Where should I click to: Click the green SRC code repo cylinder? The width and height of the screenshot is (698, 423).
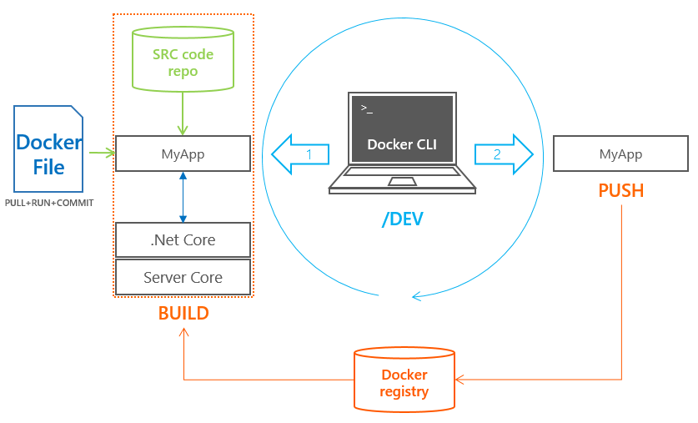pyautogui.click(x=183, y=58)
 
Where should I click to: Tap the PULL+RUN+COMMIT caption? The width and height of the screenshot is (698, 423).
pyautogui.click(x=49, y=203)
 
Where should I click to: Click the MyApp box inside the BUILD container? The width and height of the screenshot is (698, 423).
pyautogui.click(x=183, y=154)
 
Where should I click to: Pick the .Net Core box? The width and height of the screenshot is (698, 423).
pyautogui.click(x=183, y=240)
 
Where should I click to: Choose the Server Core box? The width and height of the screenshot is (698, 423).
pyautogui.click(x=183, y=277)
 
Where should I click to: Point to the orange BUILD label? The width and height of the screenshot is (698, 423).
pyautogui.click(x=183, y=314)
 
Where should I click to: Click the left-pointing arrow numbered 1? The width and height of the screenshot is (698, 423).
pyautogui.click(x=299, y=154)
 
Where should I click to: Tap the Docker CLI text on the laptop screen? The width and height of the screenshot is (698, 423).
pyautogui.click(x=402, y=144)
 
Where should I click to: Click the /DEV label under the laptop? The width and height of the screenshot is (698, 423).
pyautogui.click(x=402, y=219)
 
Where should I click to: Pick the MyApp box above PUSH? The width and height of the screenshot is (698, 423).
pyautogui.click(x=621, y=155)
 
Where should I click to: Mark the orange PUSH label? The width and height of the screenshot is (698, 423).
pyautogui.click(x=621, y=190)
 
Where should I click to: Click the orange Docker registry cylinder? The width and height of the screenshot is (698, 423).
pyautogui.click(x=404, y=379)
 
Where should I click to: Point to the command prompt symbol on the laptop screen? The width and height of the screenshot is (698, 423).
pyautogui.click(x=367, y=109)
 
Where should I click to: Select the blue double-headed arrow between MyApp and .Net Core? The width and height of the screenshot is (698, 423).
pyautogui.click(x=183, y=197)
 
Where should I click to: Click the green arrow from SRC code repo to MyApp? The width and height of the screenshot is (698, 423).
pyautogui.click(x=183, y=113)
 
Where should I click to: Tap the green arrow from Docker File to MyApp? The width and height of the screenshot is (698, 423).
pyautogui.click(x=102, y=153)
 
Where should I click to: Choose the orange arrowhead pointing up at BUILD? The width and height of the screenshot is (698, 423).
pyautogui.click(x=183, y=332)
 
